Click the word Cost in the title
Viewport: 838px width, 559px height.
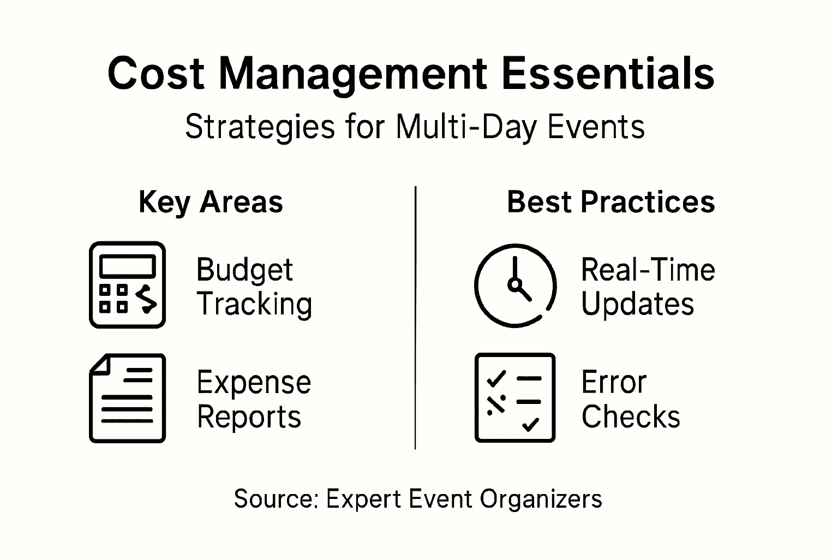click(x=156, y=73)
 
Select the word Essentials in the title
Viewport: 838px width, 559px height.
click(x=608, y=73)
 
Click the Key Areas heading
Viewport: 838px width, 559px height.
click(x=211, y=203)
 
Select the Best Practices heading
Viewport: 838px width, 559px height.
click(x=610, y=202)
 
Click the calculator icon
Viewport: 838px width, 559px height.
click(x=127, y=285)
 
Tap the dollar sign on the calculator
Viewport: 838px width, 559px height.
click(x=146, y=299)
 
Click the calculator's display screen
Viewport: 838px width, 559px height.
click(x=127, y=266)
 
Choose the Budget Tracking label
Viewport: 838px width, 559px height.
click(x=254, y=287)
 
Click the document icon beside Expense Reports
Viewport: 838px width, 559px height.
click(x=127, y=398)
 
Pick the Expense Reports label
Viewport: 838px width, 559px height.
click(x=254, y=400)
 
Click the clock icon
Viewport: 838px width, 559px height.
click(x=516, y=286)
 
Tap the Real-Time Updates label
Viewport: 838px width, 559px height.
click(x=648, y=287)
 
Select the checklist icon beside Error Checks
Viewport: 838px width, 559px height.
click(x=515, y=397)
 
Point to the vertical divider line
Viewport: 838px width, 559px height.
click(x=415, y=318)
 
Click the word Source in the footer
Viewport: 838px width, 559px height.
click(x=276, y=498)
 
